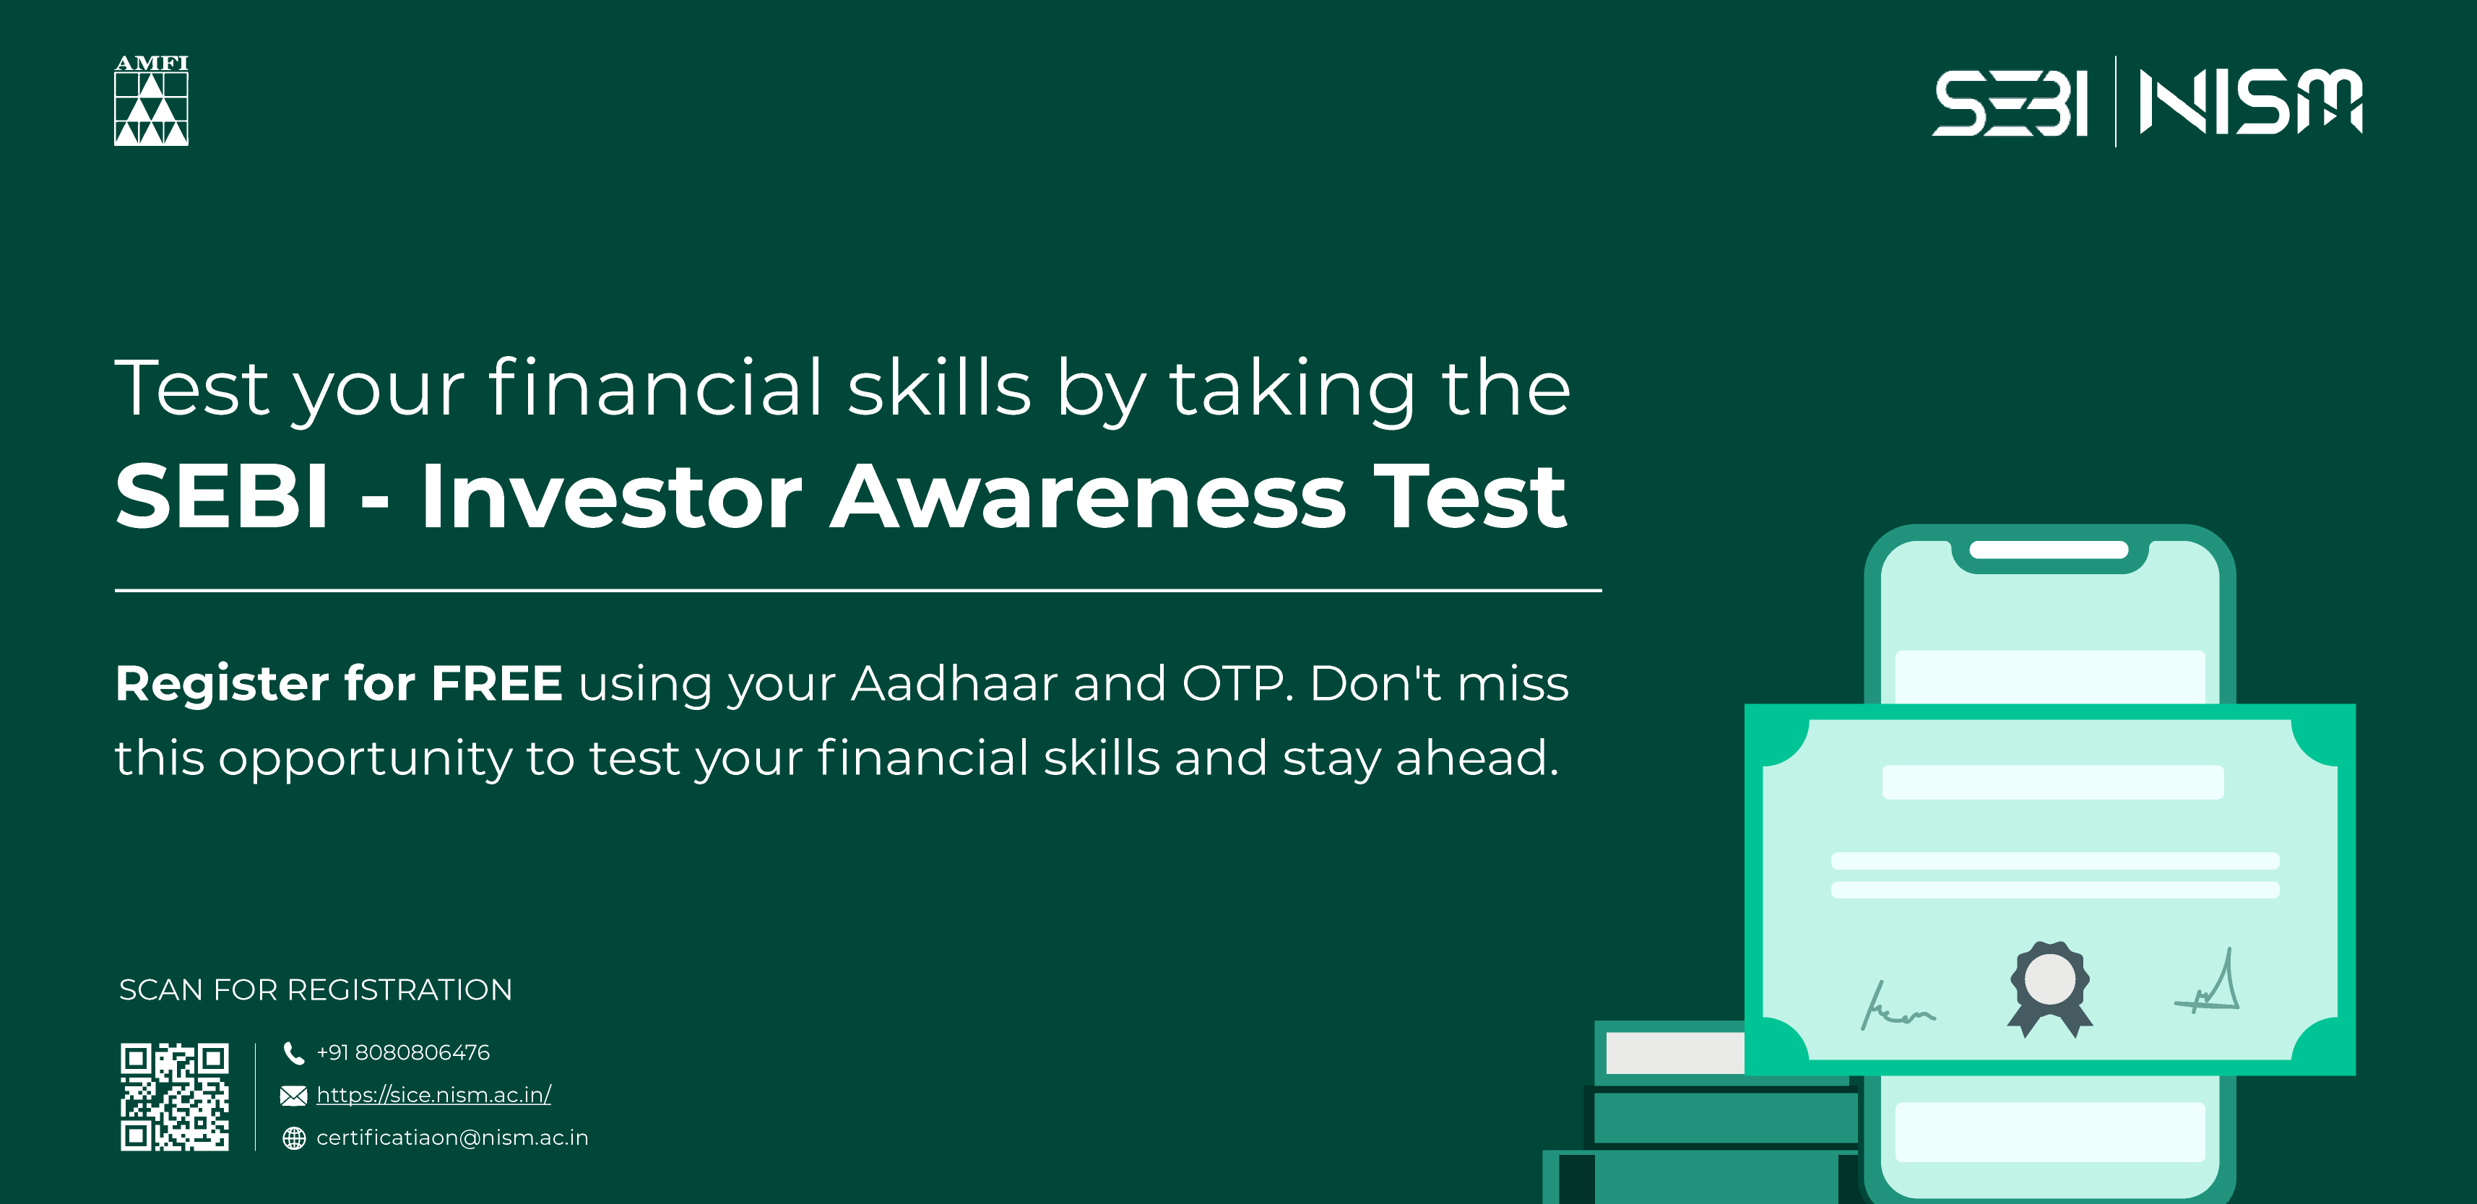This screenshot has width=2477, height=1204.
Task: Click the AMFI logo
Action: (x=151, y=100)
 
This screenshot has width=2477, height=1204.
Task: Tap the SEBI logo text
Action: (x=2010, y=102)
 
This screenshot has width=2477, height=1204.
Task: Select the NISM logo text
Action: (x=2251, y=101)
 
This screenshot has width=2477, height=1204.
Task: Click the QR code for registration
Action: (x=174, y=1096)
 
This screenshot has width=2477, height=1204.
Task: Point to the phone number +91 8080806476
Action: (x=403, y=1052)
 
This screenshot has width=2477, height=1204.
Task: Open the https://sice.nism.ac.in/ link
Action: (x=433, y=1094)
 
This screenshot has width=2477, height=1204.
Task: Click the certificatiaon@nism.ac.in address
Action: (x=452, y=1138)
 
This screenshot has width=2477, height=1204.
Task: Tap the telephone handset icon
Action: (x=293, y=1053)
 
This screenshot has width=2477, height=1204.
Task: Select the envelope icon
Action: (x=293, y=1096)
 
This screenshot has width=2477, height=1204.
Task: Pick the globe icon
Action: (x=293, y=1138)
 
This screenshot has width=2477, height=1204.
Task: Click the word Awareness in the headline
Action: (x=1089, y=496)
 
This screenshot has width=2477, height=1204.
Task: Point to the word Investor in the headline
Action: (x=612, y=496)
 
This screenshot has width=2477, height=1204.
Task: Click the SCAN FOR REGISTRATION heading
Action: (x=316, y=989)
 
